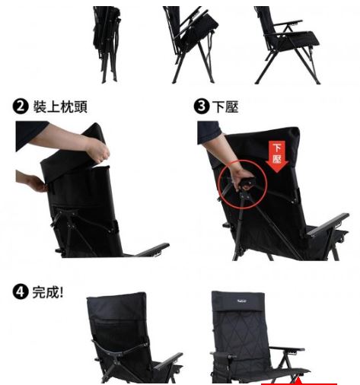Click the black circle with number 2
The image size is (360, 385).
21,107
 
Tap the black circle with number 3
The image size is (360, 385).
202,107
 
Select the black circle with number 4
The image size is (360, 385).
21,291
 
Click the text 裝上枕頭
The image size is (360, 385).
60,107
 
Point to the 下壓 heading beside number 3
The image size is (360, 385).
225,107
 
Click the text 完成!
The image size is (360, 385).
48,292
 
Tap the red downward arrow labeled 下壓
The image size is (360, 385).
277,157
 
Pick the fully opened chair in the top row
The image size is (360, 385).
287,45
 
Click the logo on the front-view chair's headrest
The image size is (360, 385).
242,301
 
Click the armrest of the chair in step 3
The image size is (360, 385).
329,224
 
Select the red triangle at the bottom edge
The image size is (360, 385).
298,381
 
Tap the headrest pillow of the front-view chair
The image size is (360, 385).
238,302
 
